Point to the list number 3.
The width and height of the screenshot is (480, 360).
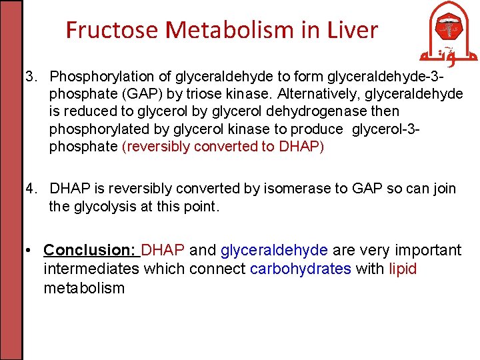click(31, 76)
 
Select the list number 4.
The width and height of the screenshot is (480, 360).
click(31, 189)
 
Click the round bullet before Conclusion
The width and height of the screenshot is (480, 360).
click(31, 251)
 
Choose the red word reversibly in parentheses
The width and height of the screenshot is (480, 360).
click(157, 147)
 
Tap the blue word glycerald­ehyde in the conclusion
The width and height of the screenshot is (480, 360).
click(274, 251)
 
